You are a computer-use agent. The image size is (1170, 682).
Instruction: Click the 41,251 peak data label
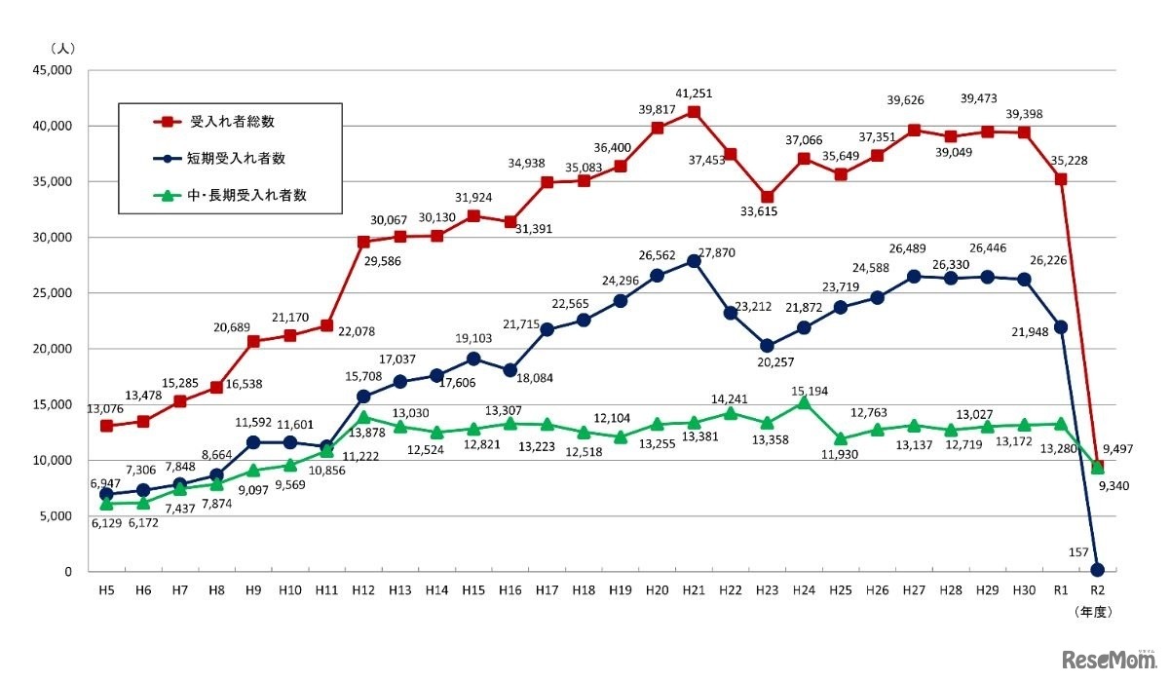pyautogui.click(x=694, y=92)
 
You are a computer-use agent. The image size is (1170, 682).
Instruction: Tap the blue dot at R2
pyautogui.click(x=1098, y=570)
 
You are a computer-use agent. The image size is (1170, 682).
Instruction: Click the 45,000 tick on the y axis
pyautogui.click(x=53, y=70)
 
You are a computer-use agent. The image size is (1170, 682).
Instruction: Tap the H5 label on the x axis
pyautogui.click(x=106, y=590)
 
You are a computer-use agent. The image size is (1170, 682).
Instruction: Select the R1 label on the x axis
pyautogui.click(x=1061, y=590)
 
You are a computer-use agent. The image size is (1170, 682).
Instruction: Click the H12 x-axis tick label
pyautogui.click(x=363, y=590)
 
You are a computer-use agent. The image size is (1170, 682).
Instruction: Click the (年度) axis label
pyautogui.click(x=1092, y=613)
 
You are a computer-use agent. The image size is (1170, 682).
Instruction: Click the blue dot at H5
pyautogui.click(x=106, y=494)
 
